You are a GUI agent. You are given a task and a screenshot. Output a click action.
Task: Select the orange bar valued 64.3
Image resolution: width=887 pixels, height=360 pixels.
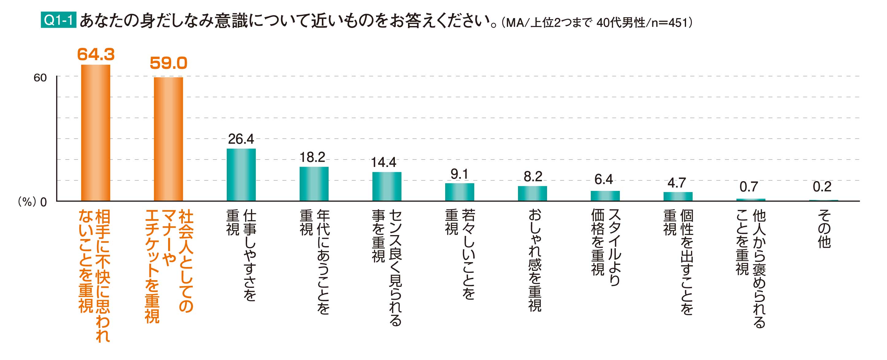click(x=95, y=133)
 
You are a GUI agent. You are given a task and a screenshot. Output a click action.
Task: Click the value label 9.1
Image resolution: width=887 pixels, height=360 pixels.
click(x=459, y=174)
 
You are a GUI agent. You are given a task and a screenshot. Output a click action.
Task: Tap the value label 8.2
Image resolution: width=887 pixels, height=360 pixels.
click(x=533, y=177)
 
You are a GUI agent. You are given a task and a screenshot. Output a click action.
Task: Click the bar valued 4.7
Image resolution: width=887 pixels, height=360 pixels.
click(x=678, y=196)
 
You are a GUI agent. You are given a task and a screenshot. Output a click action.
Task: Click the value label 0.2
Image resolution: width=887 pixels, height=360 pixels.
click(x=822, y=187)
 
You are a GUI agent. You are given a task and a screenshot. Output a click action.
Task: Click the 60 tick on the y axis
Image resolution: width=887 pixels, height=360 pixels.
click(x=40, y=78)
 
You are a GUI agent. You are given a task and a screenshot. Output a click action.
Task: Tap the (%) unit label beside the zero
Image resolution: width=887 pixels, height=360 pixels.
click(x=26, y=202)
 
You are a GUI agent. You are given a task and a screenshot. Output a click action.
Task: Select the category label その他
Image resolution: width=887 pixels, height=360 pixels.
click(x=824, y=229)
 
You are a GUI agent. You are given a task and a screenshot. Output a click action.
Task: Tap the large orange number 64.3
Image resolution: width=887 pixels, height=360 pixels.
click(x=96, y=54)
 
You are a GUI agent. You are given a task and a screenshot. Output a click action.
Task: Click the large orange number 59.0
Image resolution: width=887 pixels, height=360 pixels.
click(x=168, y=63)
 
